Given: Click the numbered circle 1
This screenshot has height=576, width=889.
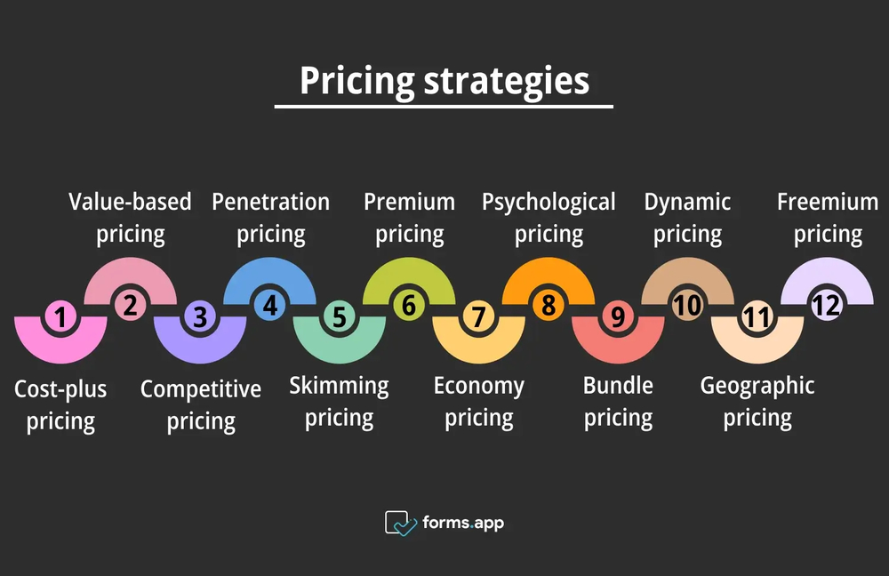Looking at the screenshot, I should (x=60, y=316).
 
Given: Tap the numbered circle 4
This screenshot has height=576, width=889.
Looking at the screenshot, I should (x=269, y=306).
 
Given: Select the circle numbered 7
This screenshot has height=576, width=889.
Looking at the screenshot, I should (x=478, y=316).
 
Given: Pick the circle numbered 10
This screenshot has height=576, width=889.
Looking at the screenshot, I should (x=687, y=306).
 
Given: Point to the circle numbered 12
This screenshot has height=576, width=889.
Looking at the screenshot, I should (x=827, y=306).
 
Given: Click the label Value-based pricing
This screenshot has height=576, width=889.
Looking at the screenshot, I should (x=131, y=218).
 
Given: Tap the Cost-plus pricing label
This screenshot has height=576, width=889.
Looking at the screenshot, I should (x=60, y=404).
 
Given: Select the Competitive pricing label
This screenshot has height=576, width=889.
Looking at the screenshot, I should (x=201, y=404).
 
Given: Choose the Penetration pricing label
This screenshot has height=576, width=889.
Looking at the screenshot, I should (x=270, y=218).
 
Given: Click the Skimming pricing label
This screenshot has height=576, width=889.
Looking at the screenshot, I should (x=339, y=402).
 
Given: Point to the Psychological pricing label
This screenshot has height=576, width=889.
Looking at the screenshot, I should (x=549, y=218).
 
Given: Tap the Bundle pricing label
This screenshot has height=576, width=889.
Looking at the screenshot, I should (x=618, y=402).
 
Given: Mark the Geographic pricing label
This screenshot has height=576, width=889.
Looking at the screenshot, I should (x=757, y=402).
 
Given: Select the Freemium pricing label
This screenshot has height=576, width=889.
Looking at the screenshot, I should (x=828, y=218).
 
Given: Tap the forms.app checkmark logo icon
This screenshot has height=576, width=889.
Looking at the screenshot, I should (x=400, y=523).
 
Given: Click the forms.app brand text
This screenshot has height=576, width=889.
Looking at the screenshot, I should (x=464, y=523).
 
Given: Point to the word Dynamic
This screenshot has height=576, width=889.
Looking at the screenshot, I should (x=687, y=202).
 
